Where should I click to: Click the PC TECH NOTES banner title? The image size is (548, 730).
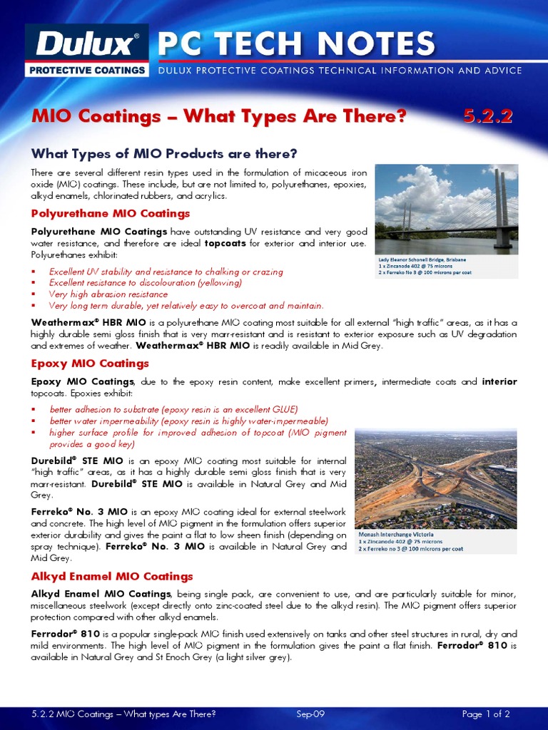point(296,44)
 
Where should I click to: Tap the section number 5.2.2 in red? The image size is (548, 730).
point(487,117)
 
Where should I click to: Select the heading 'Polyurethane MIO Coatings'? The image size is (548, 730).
point(111,213)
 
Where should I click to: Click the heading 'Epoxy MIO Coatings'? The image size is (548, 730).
point(90,364)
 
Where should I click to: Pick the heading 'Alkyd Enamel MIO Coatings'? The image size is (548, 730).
point(112,576)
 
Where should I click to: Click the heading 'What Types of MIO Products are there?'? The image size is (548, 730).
point(163,154)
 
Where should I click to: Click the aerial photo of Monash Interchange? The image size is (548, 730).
point(435,478)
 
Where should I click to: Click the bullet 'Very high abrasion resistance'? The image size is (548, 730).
point(108,294)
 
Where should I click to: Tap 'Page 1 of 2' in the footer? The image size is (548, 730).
point(486,714)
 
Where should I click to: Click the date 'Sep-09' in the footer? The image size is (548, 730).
point(310,714)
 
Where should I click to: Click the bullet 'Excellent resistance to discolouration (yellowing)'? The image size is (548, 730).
point(146,282)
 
